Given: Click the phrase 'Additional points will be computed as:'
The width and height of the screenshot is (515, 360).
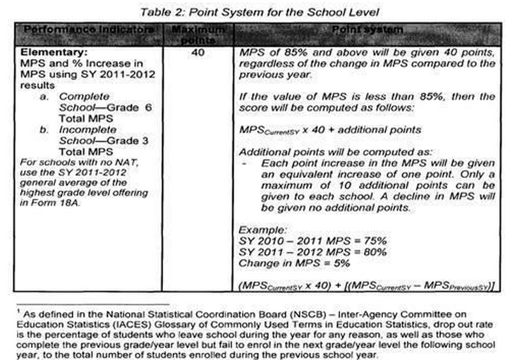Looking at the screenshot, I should pos(327,152).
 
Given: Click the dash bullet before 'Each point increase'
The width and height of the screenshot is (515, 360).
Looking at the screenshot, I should pos(243,164).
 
